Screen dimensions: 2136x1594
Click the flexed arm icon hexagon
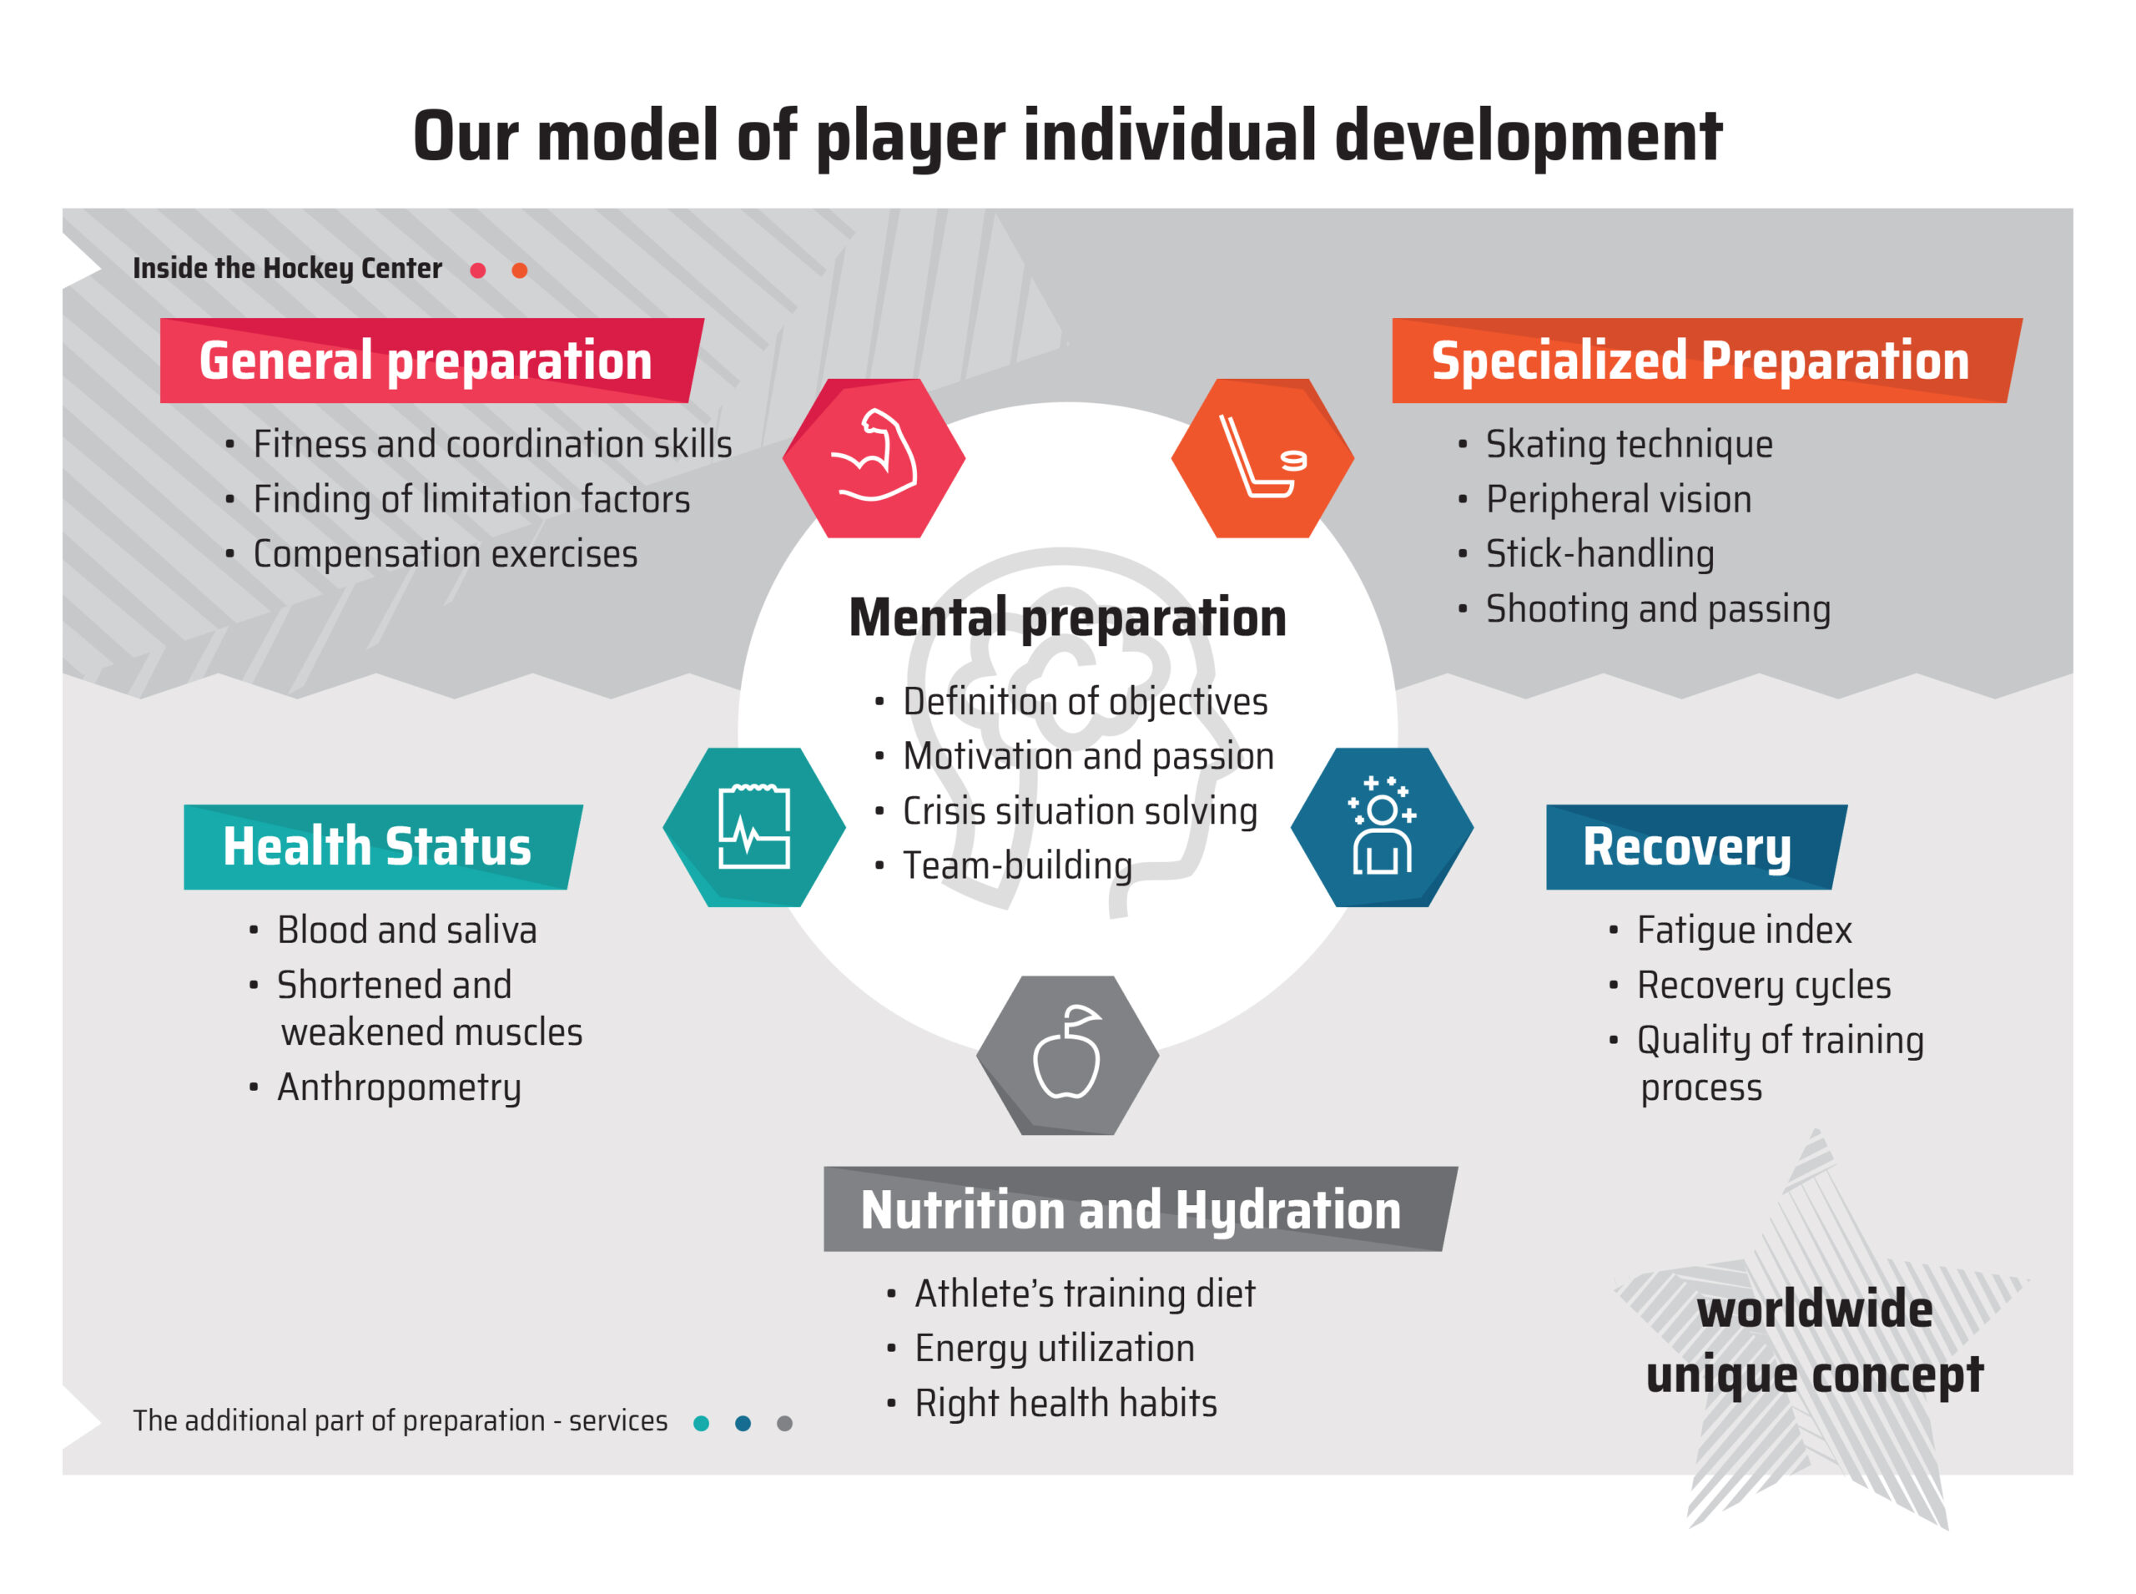point(873,457)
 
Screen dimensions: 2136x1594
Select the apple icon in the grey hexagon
point(1067,1055)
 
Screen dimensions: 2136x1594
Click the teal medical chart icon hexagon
point(753,827)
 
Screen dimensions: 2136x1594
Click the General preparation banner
point(431,360)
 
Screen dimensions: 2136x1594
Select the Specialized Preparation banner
point(1705,360)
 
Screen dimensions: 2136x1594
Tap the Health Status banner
point(383,846)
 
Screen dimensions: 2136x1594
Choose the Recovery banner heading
point(1696,846)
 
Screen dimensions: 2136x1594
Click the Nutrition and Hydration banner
point(1141,1208)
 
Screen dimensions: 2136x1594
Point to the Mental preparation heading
point(1067,618)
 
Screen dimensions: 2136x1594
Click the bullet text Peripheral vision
point(1618,499)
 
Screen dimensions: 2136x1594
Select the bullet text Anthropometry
point(399,1087)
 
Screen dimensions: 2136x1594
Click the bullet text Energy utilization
point(1055,1348)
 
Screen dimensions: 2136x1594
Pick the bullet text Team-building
point(1017,865)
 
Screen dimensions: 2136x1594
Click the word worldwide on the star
point(1814,1309)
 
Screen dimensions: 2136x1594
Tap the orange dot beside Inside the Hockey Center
point(519,270)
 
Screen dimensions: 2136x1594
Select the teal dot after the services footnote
point(702,1423)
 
